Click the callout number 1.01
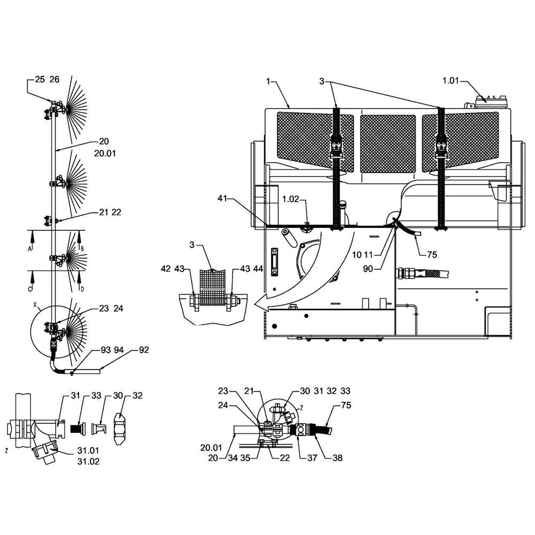click(450, 81)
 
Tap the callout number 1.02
click(291, 199)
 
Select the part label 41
click(222, 198)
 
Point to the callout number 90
click(368, 269)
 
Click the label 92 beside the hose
click(143, 350)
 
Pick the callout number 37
click(312, 458)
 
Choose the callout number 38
click(337, 458)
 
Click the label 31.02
click(88, 462)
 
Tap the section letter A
click(29, 249)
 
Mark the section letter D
click(82, 289)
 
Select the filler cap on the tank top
click(490, 101)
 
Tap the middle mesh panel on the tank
click(387, 143)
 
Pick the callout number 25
click(40, 80)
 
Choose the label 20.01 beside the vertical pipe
click(105, 154)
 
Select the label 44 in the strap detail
click(258, 269)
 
